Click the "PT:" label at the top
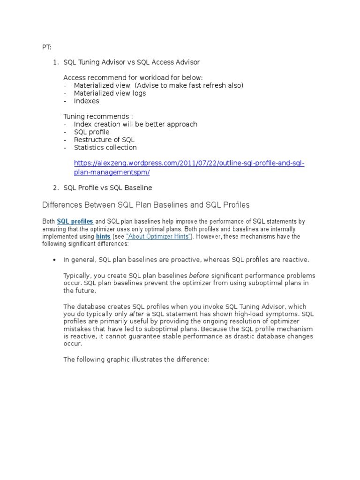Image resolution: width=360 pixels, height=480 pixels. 46,47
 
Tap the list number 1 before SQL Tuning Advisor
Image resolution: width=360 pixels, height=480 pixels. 55,62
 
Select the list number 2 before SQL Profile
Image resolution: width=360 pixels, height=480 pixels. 55,187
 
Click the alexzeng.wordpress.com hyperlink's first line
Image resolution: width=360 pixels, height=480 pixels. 189,163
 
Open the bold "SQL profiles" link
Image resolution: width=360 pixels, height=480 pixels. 75,221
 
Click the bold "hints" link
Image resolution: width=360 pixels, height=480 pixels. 103,237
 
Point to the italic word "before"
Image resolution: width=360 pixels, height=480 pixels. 199,276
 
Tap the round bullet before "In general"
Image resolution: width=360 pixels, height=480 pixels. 55,260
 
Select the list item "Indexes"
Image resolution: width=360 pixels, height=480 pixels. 86,101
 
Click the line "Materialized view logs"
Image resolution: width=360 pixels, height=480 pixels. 110,93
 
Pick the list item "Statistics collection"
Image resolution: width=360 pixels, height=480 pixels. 105,148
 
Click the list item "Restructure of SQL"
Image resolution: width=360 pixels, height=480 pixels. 104,140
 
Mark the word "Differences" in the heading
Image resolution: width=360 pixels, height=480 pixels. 61,205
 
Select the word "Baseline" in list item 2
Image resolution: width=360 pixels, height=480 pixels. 138,187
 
